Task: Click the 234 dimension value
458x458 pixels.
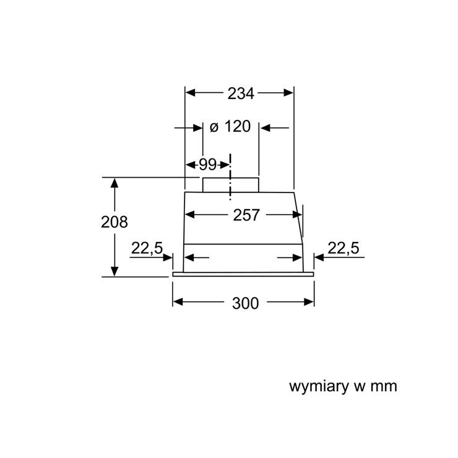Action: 241,93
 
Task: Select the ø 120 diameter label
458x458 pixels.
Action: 230,126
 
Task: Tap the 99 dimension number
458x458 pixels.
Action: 208,165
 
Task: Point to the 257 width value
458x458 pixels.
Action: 246,215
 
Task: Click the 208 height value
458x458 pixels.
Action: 114,222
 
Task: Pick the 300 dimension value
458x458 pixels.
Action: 245,303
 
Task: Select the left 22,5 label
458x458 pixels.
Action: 147,248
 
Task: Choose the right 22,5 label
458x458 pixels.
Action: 343,248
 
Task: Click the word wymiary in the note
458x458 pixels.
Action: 319,386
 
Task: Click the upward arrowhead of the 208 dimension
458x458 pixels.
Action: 114,183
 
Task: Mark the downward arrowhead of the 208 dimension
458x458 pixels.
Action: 114,271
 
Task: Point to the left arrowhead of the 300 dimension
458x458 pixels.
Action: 178,302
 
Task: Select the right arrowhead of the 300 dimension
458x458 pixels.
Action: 309,302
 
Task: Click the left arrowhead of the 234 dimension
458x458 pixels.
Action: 191,93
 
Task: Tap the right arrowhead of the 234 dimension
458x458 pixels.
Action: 288,93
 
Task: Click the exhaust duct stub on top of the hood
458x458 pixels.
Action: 231,185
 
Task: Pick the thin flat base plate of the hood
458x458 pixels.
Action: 243,274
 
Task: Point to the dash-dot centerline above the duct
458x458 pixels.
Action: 230,177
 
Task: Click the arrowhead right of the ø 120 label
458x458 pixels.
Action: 266,127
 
